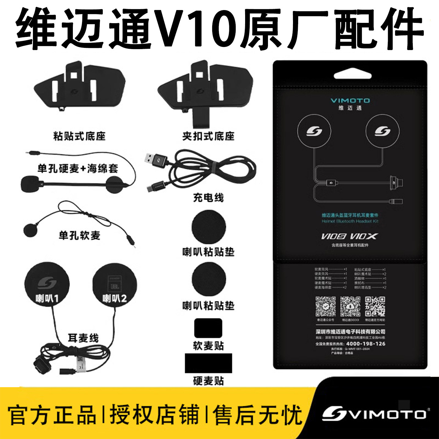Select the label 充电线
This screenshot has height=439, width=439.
208,198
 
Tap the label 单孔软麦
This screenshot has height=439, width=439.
79,235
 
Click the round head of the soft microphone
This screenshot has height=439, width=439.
30,230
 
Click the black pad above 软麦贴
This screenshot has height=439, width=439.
208,328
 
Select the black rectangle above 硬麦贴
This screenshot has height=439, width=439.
208,363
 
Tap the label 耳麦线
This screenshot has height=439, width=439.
83,338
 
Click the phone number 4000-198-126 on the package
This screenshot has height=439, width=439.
366,344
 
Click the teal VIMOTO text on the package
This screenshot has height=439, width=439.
350,101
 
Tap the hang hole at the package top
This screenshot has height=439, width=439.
350,75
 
